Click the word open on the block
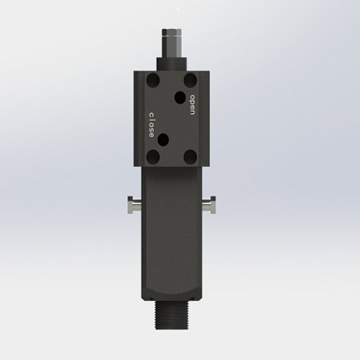(192, 105)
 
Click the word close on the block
(151, 125)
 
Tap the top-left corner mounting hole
(153, 80)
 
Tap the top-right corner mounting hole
(191, 80)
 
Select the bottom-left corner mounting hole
(153, 156)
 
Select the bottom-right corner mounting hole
(191, 156)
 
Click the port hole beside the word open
(180, 97)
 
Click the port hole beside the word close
(163, 140)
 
